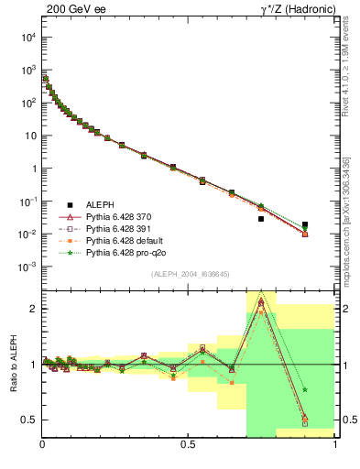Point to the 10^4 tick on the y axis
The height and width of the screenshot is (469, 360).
pyautogui.click(x=27, y=38)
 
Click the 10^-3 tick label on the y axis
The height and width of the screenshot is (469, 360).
pyautogui.click(x=27, y=267)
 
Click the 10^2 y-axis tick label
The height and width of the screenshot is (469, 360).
pyautogui.click(x=27, y=104)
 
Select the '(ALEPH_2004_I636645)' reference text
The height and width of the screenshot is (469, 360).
pyautogui.click(x=189, y=274)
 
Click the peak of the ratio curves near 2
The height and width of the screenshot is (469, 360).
pyautogui.click(x=261, y=300)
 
